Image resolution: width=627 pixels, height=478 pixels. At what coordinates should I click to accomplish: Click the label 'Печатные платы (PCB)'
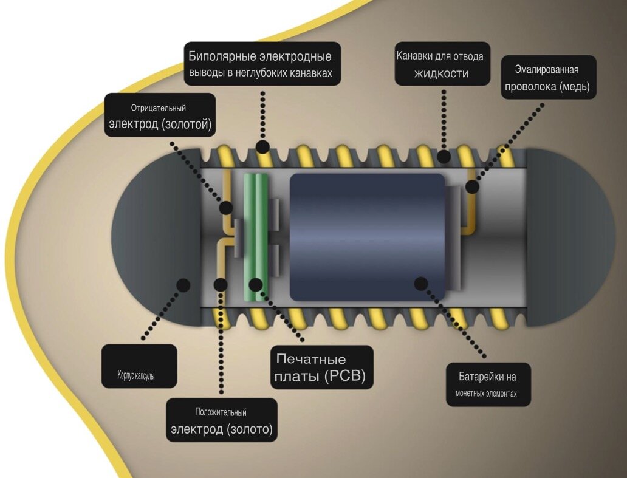(x=322, y=367)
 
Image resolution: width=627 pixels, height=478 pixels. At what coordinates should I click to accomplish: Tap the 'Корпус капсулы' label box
(x=139, y=366)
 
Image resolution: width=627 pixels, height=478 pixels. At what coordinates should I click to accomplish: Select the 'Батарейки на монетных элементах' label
(x=488, y=384)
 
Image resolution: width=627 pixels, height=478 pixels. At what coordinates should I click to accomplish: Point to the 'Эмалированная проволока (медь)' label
(x=549, y=77)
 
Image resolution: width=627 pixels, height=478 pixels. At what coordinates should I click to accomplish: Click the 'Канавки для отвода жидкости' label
(x=442, y=64)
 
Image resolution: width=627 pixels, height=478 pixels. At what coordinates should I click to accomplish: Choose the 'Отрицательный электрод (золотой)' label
(x=160, y=115)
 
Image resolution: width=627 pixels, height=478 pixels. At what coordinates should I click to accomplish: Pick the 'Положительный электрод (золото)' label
(x=222, y=420)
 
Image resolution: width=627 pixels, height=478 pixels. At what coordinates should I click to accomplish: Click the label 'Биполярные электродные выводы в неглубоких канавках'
(x=262, y=64)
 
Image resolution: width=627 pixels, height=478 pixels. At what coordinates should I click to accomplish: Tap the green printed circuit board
(x=256, y=237)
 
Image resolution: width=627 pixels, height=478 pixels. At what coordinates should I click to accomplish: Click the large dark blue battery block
(x=367, y=237)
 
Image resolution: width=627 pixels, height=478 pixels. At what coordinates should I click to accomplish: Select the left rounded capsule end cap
(x=156, y=237)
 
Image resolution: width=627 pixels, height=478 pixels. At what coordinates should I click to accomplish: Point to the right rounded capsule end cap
(x=571, y=237)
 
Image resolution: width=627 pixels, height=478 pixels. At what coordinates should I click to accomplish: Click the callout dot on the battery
(x=420, y=284)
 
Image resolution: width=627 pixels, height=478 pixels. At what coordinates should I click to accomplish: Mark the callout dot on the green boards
(x=256, y=285)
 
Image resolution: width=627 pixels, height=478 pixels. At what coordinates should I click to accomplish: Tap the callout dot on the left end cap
(x=183, y=285)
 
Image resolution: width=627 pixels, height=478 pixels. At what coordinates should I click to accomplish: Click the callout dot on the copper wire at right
(x=472, y=186)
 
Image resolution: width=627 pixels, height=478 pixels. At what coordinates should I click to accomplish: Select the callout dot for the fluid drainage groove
(x=444, y=156)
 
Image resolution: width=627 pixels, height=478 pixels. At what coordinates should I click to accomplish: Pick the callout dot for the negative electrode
(x=227, y=208)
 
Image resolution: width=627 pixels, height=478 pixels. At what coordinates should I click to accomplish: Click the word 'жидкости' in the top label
(x=442, y=73)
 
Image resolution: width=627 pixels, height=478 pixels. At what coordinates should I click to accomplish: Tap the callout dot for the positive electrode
(x=221, y=285)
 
